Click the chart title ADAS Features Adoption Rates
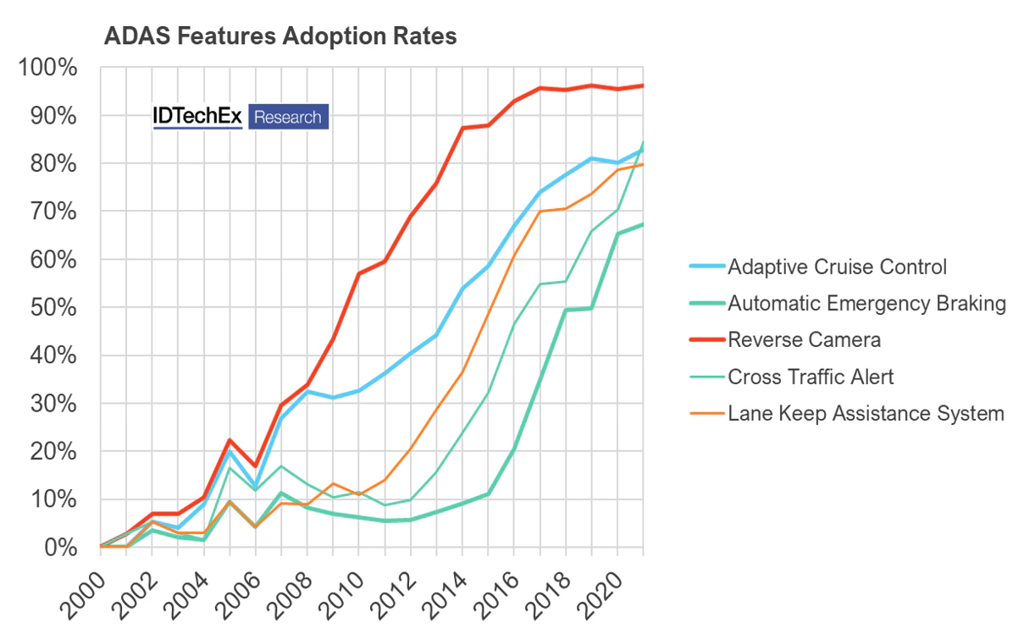click(280, 37)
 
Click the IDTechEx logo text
click(198, 117)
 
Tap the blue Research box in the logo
click(288, 117)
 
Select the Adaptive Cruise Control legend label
click(837, 267)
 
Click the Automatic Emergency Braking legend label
click(866, 303)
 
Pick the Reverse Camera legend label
click(804, 339)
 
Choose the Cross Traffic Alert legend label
click(811, 377)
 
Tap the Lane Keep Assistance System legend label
click(866, 413)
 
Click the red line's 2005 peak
click(230, 440)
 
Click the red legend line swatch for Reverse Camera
click(706, 339)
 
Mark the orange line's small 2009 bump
click(333, 483)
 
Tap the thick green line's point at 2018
click(566, 310)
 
